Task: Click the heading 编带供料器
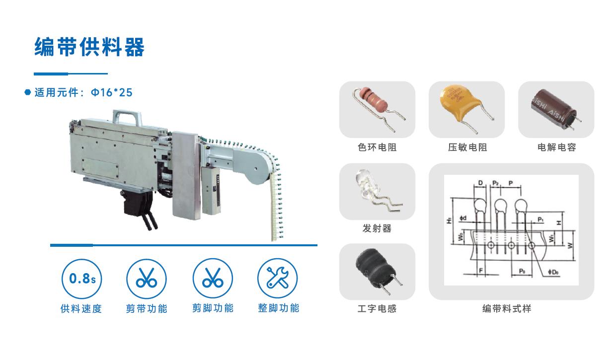tap(89, 48)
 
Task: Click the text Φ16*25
tap(112, 92)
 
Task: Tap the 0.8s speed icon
tap(81, 279)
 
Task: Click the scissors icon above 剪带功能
tap(147, 279)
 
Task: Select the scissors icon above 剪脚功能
tap(213, 279)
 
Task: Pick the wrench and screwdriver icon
tap(278, 279)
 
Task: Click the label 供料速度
tap(81, 308)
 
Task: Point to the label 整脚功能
tap(278, 308)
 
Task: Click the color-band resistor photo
tap(377, 109)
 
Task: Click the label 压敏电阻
tap(467, 147)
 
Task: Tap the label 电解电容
tap(556, 147)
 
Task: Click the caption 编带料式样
tap(507, 309)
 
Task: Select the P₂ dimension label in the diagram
tap(495, 183)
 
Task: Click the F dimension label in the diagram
tap(480, 271)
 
